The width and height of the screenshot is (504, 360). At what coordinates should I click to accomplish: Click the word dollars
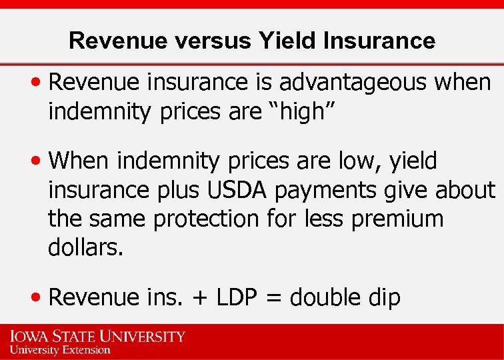point(86,249)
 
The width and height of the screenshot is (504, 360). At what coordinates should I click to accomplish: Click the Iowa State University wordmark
point(97,336)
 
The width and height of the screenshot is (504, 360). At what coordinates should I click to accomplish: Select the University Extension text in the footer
point(60,349)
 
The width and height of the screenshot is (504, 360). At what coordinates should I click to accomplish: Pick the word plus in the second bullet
point(177,191)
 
